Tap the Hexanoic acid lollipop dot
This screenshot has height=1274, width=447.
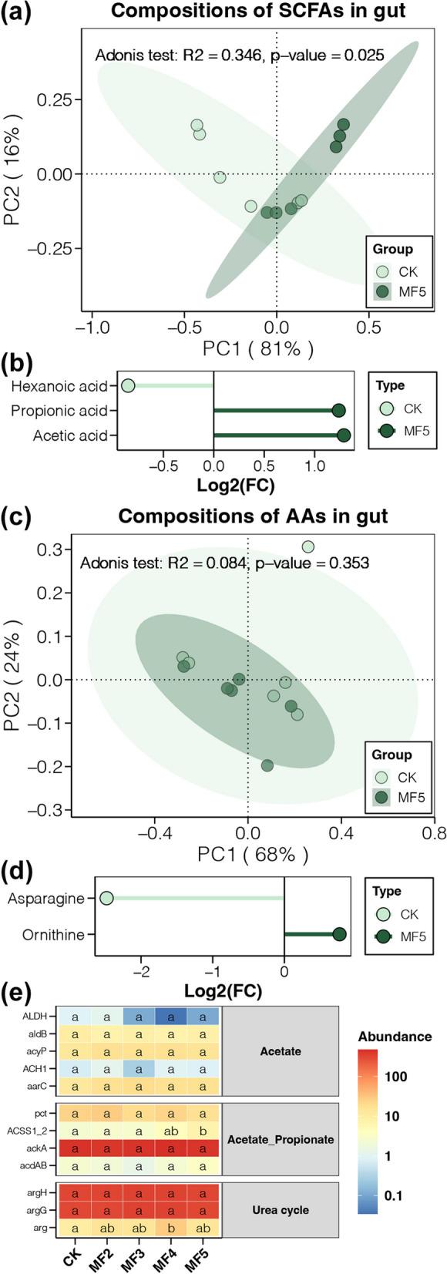tap(128, 385)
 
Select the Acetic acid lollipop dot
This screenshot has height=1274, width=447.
tap(344, 436)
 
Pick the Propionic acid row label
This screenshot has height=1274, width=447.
tap(59, 411)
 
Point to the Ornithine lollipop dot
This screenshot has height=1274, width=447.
tap(339, 935)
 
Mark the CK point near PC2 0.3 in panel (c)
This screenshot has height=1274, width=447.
tap(308, 546)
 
